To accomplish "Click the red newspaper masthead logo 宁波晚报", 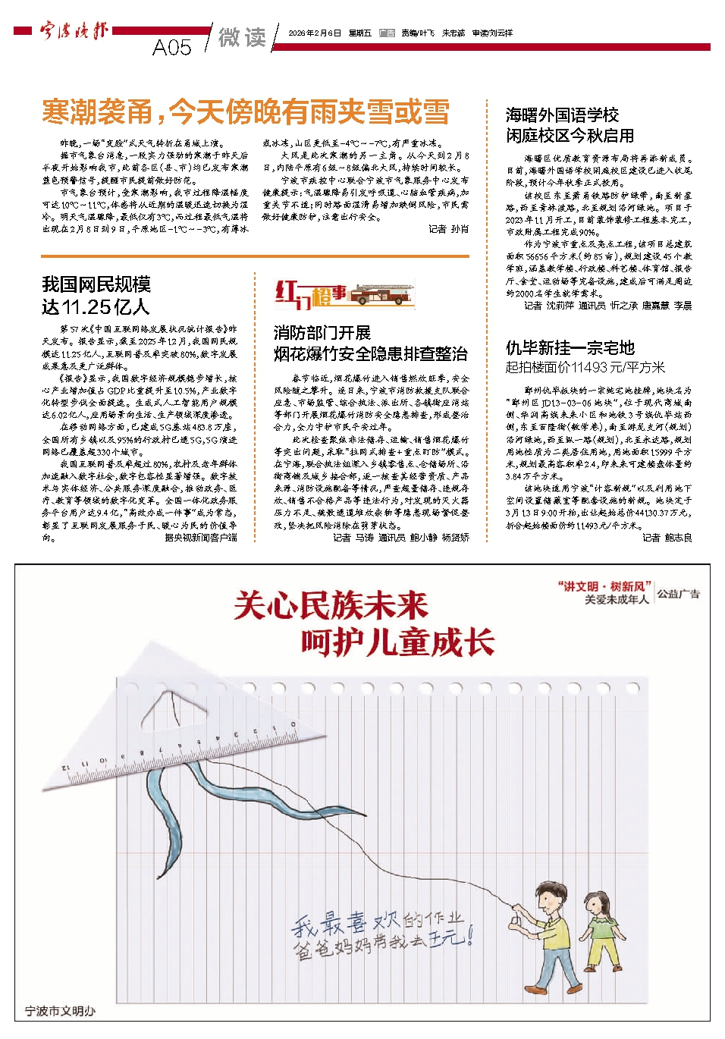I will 74,31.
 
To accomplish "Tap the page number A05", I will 172,48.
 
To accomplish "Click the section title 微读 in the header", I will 242,37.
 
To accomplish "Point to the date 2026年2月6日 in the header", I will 315,33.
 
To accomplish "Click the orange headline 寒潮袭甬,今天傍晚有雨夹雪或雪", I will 246,112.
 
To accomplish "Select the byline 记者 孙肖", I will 448,229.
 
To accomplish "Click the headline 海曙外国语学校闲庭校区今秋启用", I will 570,125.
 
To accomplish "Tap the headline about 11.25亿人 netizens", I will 96,295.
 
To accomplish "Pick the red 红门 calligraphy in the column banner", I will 293,293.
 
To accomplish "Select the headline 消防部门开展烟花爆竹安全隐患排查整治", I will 370,344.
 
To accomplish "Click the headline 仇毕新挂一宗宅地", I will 570,348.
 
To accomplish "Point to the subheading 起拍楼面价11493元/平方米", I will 585,368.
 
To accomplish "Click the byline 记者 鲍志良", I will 667,538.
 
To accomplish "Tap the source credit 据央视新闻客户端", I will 201,538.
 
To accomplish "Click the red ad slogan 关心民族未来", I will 331,605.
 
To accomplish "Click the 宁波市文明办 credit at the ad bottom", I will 61,1011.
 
